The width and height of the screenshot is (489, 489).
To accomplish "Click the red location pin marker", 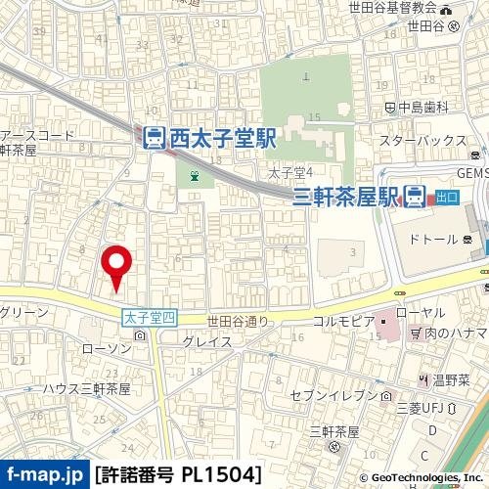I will (x=117, y=266).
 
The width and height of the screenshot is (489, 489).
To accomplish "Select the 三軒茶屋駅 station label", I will (x=346, y=197).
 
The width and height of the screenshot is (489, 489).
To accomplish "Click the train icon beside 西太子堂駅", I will (x=155, y=139).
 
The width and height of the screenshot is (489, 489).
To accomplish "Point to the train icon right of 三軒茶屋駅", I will (x=415, y=197).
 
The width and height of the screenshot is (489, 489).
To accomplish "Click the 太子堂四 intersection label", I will (x=150, y=319).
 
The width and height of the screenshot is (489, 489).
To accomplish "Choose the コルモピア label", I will (x=344, y=321).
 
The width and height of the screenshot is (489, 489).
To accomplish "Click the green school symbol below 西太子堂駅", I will (x=196, y=177).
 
